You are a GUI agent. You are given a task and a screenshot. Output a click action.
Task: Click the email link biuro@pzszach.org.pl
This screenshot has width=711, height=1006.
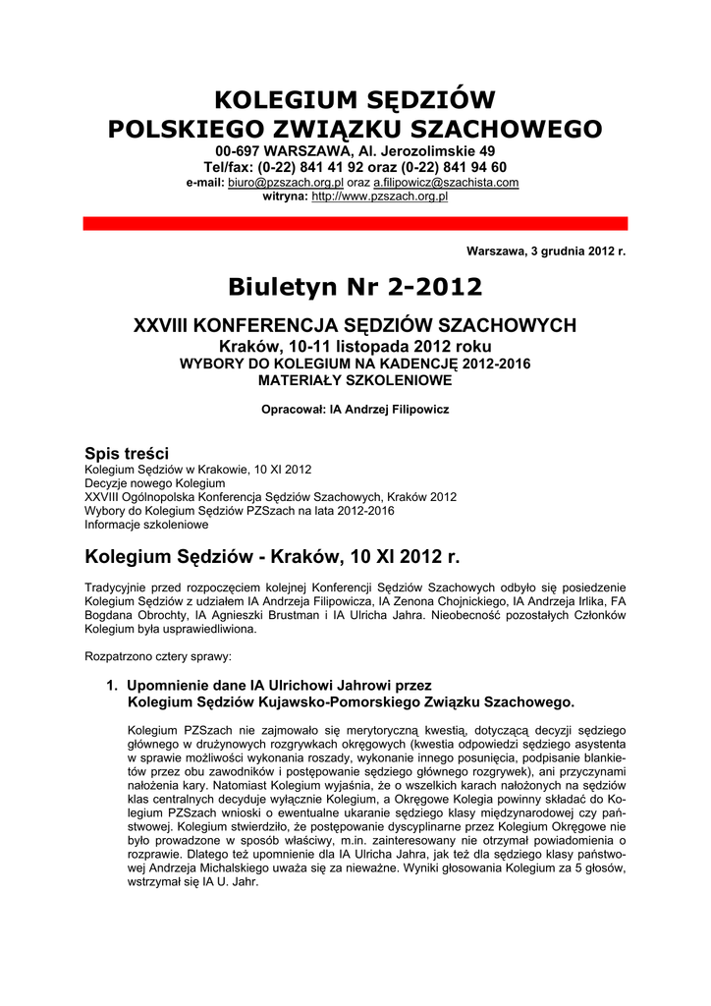285,184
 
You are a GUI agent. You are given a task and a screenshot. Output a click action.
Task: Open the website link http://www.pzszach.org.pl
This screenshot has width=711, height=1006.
379,197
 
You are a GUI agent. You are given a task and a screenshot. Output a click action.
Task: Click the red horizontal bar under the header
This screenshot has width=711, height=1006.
355,224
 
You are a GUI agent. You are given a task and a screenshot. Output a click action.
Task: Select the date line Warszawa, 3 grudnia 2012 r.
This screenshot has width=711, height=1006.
546,251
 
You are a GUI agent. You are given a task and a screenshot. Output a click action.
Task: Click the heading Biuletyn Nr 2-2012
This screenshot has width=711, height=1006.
355,287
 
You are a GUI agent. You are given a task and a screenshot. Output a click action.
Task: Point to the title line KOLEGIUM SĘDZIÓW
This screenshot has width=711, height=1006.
355,99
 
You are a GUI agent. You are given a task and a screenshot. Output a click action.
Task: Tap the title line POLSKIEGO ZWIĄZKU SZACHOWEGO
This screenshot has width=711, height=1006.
355,129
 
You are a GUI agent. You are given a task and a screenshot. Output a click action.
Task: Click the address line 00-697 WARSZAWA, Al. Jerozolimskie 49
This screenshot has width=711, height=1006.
355,152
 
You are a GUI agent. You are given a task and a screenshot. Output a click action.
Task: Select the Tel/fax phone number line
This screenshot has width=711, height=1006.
355,168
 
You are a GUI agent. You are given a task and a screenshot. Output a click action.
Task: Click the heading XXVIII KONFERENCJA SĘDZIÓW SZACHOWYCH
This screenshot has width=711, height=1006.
355,325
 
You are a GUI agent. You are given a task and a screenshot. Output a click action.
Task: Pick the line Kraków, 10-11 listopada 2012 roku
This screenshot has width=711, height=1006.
355,347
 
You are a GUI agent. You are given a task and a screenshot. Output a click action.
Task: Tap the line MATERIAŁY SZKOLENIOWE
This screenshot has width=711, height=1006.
355,379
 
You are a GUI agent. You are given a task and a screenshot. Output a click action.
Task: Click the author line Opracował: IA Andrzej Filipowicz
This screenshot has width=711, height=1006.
355,410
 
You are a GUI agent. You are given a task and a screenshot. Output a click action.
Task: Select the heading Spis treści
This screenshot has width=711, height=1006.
127,453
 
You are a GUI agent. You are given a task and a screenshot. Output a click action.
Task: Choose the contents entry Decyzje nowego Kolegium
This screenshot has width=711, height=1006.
155,483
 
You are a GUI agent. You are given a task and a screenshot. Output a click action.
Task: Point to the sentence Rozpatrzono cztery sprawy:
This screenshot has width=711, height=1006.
158,654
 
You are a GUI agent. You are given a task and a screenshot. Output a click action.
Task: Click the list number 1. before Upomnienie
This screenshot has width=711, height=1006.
113,685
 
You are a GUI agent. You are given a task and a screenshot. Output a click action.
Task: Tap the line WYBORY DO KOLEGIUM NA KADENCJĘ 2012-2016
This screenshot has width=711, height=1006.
355,363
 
